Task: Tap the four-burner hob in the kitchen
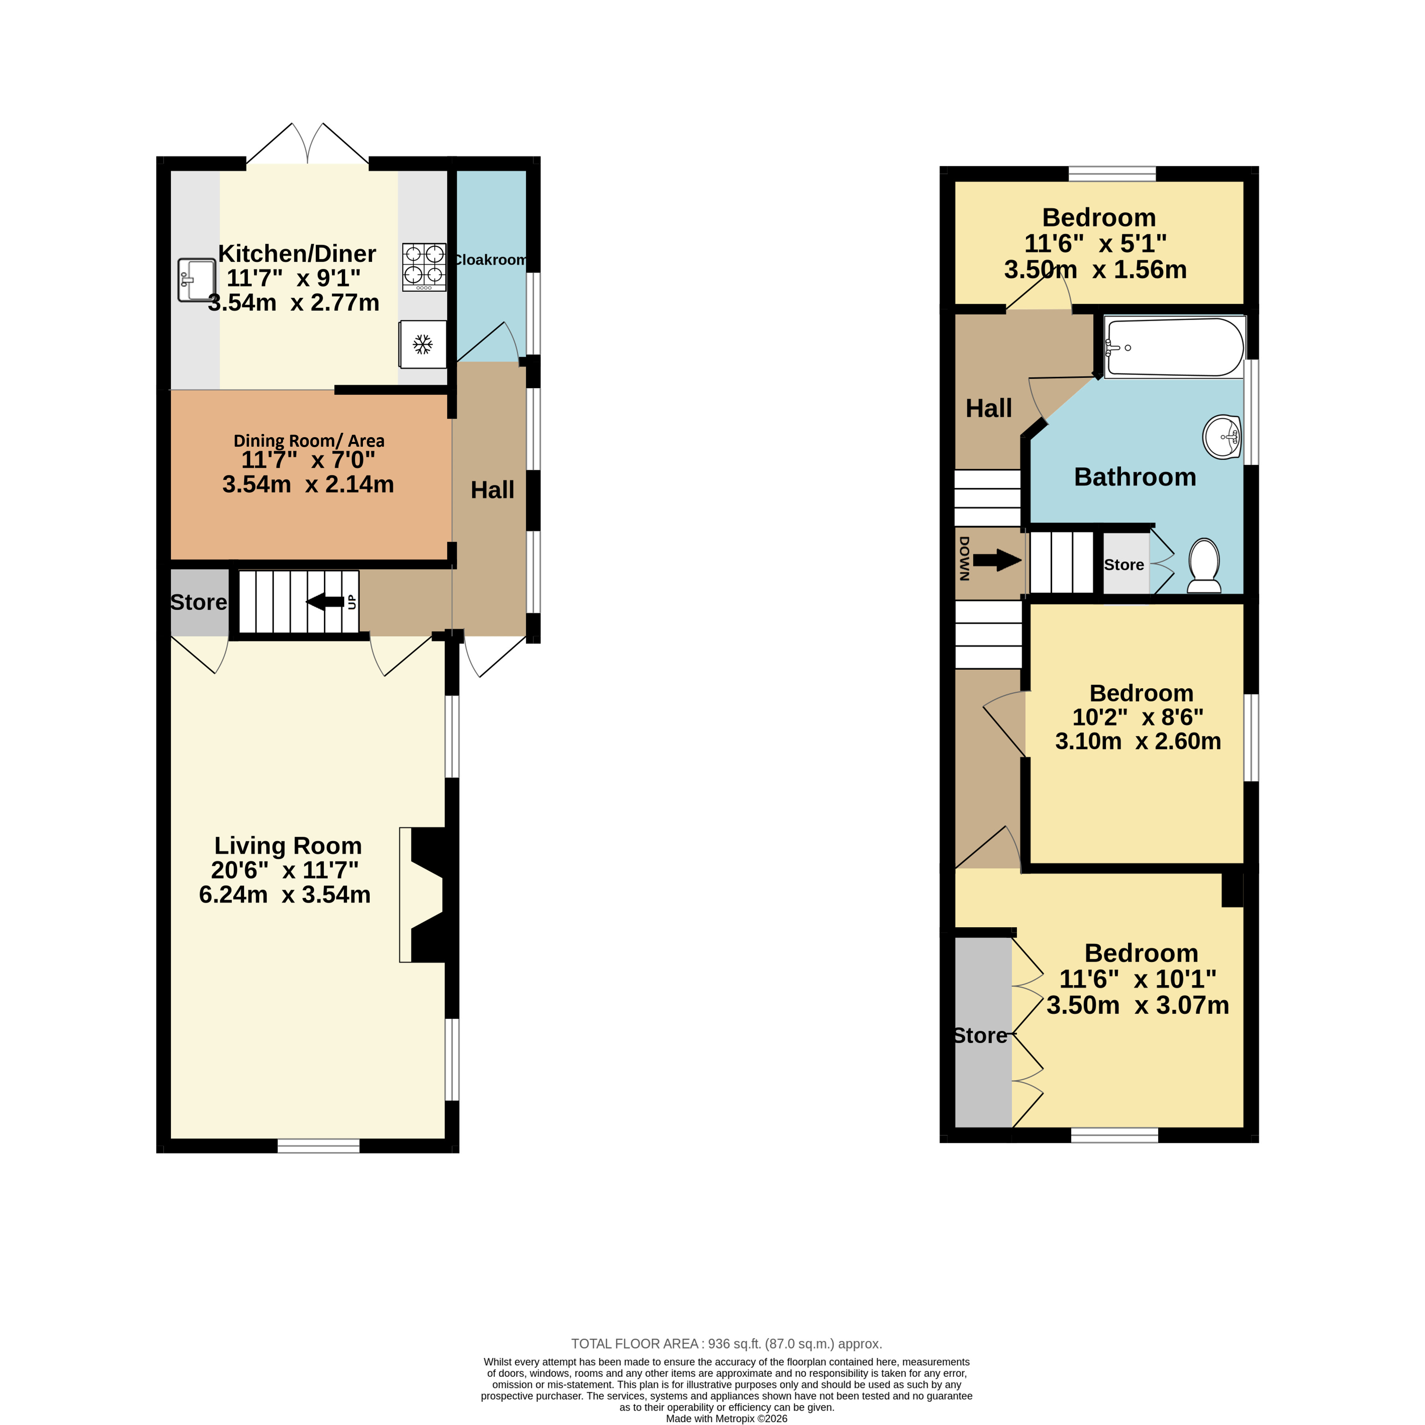click(424, 267)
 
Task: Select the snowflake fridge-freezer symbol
click(423, 344)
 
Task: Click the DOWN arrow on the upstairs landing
click(997, 560)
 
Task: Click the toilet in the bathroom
click(1204, 566)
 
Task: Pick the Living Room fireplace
click(424, 894)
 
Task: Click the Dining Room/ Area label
click(309, 441)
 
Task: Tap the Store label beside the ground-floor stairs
click(198, 602)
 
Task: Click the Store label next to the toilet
click(1124, 565)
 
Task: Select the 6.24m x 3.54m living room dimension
click(285, 894)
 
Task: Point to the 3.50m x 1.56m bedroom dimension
click(1095, 269)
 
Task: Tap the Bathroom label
click(1135, 477)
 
